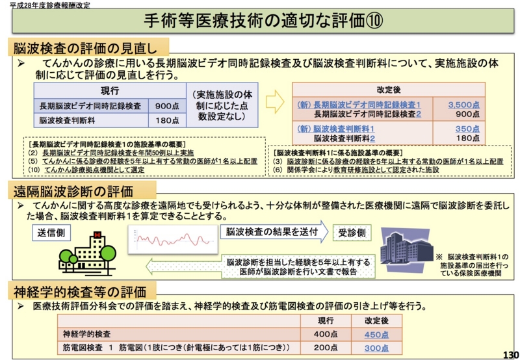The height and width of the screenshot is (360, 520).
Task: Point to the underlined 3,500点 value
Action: click(463, 104)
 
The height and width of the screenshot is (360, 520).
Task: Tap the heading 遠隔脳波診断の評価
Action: click(81, 190)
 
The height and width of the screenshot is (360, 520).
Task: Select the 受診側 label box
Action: click(352, 232)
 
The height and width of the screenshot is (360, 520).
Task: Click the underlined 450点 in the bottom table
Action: click(376, 335)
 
